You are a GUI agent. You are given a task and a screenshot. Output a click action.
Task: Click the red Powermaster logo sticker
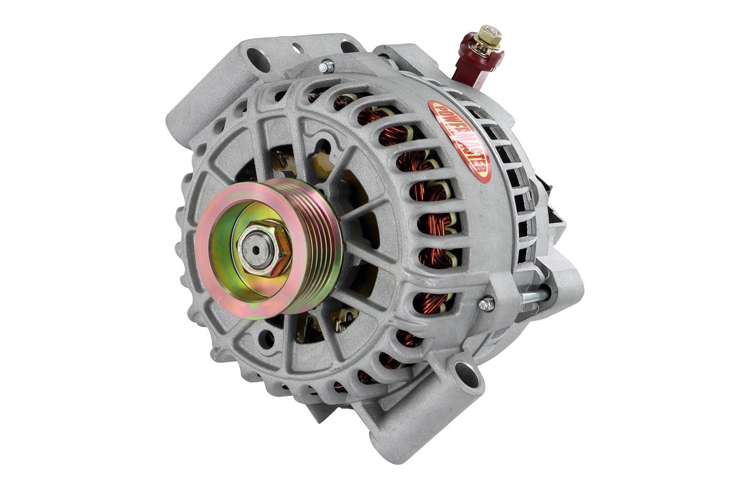[459, 141]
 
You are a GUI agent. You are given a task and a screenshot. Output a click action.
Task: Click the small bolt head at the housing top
[326, 66]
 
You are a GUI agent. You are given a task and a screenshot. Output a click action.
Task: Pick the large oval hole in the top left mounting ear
[258, 60]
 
